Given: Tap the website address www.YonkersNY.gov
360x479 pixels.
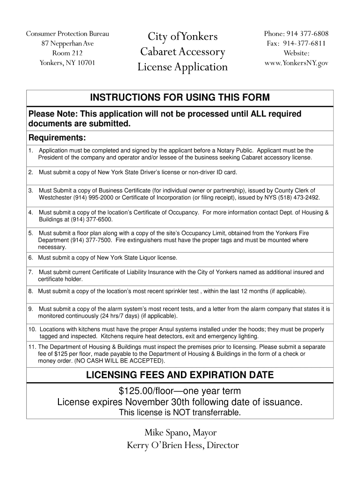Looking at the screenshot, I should click(x=296, y=63).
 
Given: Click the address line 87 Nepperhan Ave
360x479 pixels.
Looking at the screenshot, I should click(x=67, y=44).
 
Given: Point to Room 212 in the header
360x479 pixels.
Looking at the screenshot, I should click(x=67, y=53).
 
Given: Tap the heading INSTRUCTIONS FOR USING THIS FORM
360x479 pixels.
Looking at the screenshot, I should click(x=180, y=98).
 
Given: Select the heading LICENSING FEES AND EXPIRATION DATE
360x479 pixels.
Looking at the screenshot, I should click(x=180, y=375).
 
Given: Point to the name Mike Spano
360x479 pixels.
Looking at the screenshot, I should click(x=165, y=433).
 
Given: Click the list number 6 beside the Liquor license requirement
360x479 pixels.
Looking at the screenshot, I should click(x=30, y=258).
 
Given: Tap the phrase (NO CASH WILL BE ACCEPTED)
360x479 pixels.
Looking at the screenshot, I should click(x=118, y=361).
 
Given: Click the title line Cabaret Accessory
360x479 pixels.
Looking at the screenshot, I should click(x=183, y=52).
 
